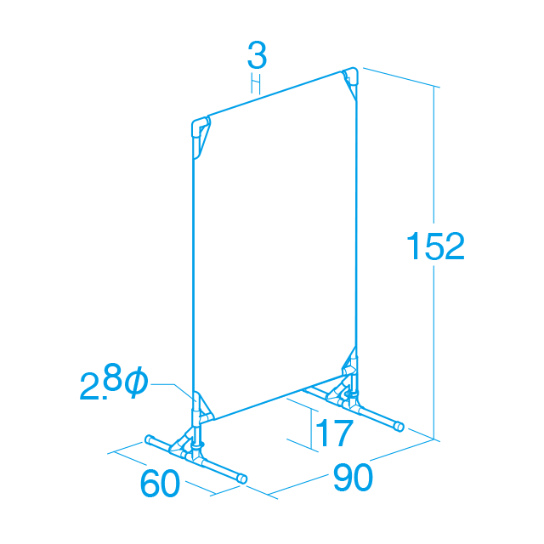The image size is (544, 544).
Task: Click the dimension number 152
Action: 435,246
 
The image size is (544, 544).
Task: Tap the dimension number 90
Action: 353,478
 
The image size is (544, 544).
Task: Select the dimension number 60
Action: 160,483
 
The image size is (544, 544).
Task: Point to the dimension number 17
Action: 334,433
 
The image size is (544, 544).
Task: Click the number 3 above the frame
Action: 257,55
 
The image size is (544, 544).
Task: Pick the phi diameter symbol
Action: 136,382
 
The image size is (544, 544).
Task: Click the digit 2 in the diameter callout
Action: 88,387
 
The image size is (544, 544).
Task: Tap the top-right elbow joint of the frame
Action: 351,75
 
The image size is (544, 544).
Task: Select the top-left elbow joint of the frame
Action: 199,126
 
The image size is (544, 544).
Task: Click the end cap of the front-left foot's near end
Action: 242,479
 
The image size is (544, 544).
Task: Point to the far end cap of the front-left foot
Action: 150,439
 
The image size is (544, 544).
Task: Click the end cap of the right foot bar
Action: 399,427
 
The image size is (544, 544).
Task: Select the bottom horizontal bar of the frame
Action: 278,399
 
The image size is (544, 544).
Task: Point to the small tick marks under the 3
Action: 256,83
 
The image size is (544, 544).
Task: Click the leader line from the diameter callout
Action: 173,390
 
